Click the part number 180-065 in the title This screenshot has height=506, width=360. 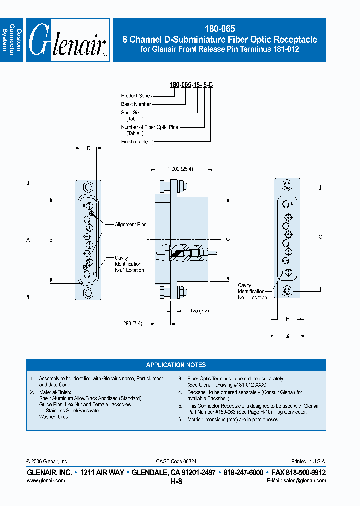click(x=220, y=29)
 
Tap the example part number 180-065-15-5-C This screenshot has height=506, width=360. click(x=192, y=85)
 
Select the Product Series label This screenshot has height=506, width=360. click(x=136, y=95)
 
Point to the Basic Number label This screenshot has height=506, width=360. click(x=136, y=104)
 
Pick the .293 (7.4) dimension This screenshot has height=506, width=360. click(x=132, y=323)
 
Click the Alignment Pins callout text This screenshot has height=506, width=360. click(x=131, y=225)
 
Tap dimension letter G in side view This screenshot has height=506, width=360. click(x=228, y=239)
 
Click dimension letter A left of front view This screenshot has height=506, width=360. click(x=28, y=240)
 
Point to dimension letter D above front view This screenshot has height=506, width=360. click(x=88, y=148)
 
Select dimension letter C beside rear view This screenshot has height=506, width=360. click(x=320, y=236)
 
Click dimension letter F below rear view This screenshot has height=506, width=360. click(x=287, y=318)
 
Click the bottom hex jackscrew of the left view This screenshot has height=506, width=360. click(x=88, y=292)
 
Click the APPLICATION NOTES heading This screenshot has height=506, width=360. click(x=176, y=365)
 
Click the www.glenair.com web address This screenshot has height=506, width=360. click(x=45, y=480)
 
